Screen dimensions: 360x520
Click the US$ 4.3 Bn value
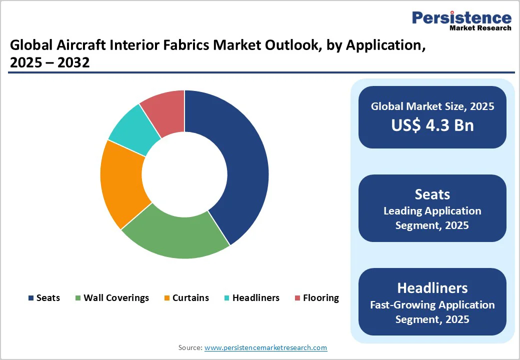432,125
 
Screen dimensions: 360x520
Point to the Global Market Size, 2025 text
432,106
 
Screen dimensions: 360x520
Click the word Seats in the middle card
432,194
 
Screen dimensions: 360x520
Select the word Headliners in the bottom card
432,287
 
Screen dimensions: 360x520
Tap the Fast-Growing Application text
432,304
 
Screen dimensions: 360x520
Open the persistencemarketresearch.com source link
265,347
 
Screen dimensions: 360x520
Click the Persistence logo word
461,17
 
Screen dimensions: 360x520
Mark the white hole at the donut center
184,174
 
